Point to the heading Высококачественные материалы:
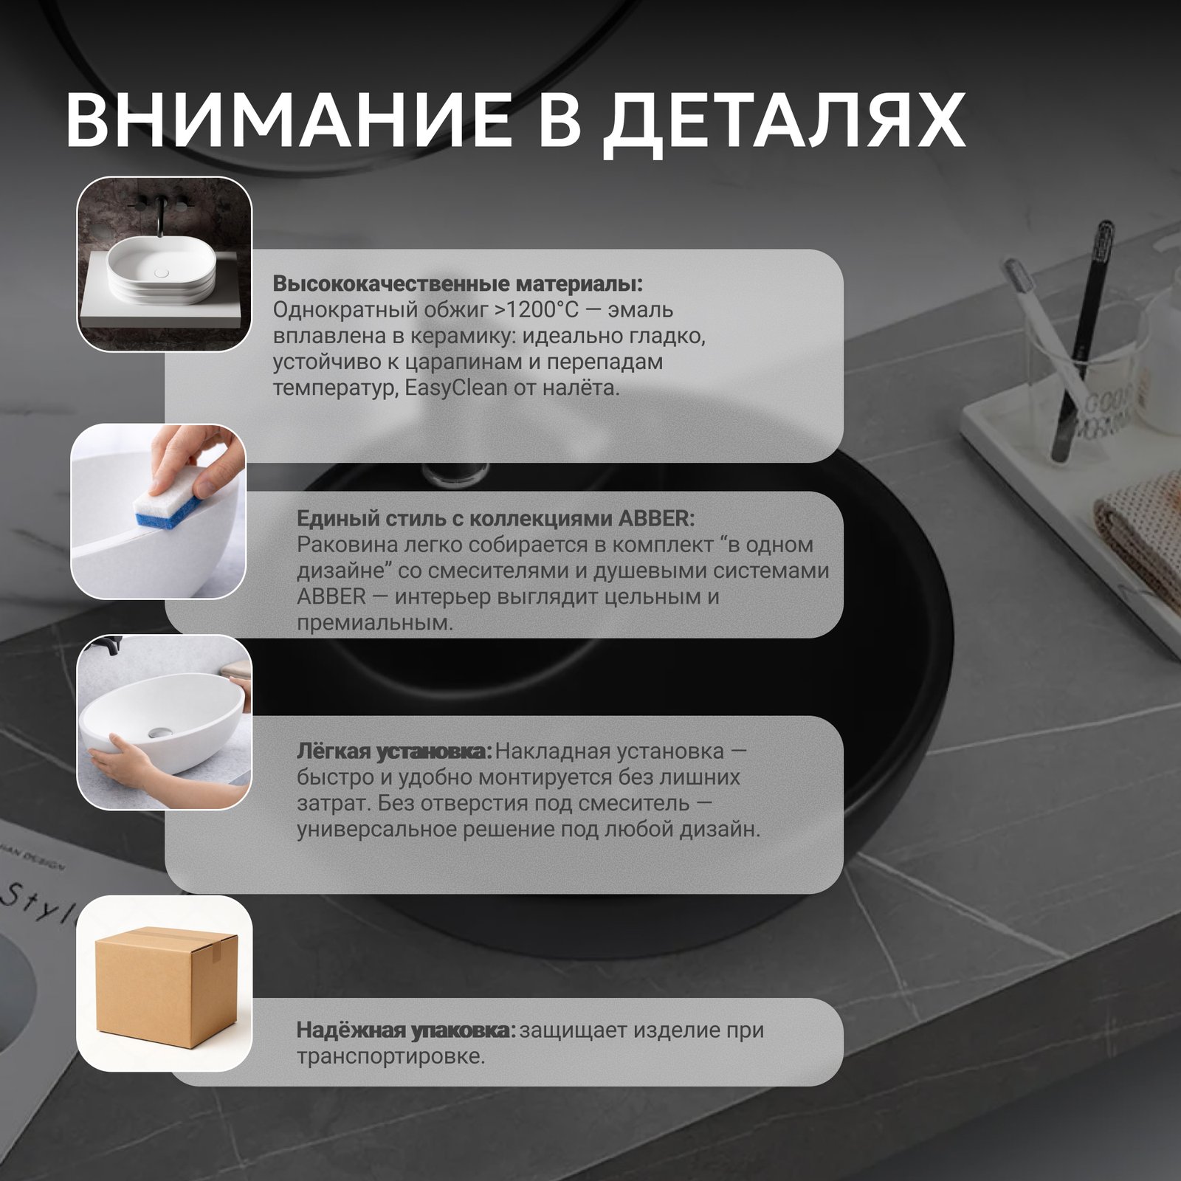(458, 283)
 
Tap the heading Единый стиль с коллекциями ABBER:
(495, 518)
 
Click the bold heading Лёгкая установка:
(394, 751)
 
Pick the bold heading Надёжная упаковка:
(406, 1030)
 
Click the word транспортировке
(390, 1056)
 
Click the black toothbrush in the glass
(1081, 340)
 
